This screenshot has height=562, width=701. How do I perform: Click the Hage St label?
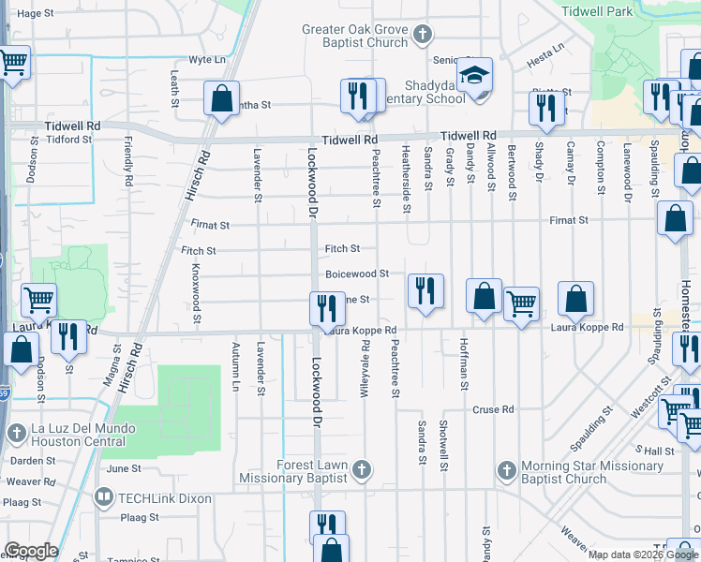tap(36, 14)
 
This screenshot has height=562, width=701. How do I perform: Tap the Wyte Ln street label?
tap(207, 59)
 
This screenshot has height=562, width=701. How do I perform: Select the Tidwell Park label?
tap(596, 11)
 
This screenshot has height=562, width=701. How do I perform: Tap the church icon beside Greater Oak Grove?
tap(422, 36)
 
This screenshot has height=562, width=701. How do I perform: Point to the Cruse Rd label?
tap(493, 410)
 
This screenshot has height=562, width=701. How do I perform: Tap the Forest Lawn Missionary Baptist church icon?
tap(363, 467)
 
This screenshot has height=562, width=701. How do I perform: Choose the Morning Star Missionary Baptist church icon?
tap(507, 468)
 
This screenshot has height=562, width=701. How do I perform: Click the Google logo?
tap(32, 551)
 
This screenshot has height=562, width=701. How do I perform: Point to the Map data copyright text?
tap(642, 555)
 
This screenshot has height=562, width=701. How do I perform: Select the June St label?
tap(123, 468)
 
